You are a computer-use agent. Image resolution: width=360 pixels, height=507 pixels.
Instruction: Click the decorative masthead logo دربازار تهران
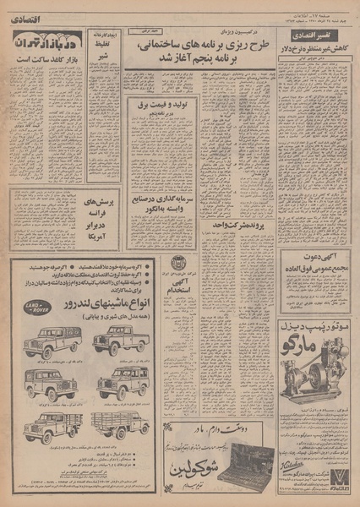49,40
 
